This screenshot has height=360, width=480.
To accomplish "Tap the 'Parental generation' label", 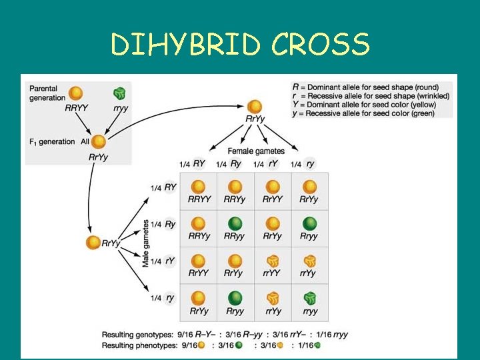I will click(44, 93).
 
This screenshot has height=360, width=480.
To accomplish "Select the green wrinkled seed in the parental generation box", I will click(119, 93).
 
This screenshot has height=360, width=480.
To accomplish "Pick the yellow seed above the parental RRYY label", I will click(77, 93).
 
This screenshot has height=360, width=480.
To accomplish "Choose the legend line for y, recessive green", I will click(363, 113).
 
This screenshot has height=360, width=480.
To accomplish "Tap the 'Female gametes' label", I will click(256, 151).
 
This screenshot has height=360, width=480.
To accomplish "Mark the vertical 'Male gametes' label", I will click(145, 243).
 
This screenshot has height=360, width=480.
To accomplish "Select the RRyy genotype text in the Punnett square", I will click(235, 236).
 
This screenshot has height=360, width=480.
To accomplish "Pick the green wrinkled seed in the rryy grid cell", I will click(309, 298).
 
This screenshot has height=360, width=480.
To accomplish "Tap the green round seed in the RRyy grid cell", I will click(235, 224).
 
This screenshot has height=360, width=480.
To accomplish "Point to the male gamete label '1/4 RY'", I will click(163, 188).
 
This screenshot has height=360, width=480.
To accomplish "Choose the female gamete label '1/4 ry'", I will click(303, 165).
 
